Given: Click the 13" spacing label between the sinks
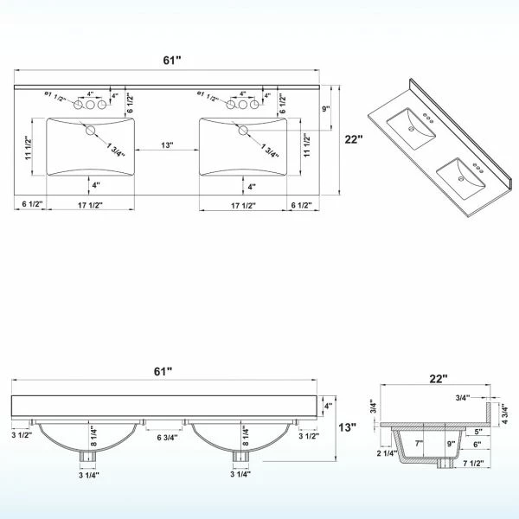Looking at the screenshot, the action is click(168, 145).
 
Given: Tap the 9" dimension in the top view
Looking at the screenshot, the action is click(326, 109).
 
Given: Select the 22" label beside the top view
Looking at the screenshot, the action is click(354, 139).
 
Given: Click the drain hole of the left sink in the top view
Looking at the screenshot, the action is click(90, 131).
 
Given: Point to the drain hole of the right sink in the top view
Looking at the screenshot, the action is click(243, 131).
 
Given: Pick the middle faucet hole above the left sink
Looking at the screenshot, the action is click(90, 105).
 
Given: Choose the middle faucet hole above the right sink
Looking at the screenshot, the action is click(242, 105).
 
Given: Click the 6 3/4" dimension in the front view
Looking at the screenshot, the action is click(168, 438).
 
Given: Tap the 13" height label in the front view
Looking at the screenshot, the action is click(347, 427).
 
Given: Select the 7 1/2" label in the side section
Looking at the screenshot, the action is click(473, 464).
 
